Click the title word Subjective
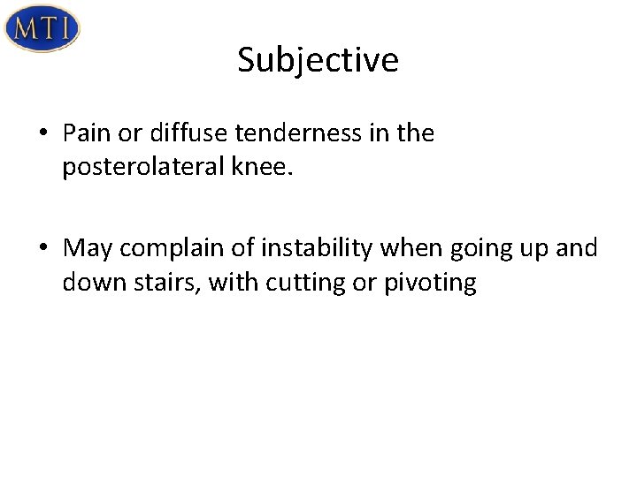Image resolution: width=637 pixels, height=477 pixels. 318,60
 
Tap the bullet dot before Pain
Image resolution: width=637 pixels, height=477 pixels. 42,133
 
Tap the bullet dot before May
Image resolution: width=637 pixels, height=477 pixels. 42,250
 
